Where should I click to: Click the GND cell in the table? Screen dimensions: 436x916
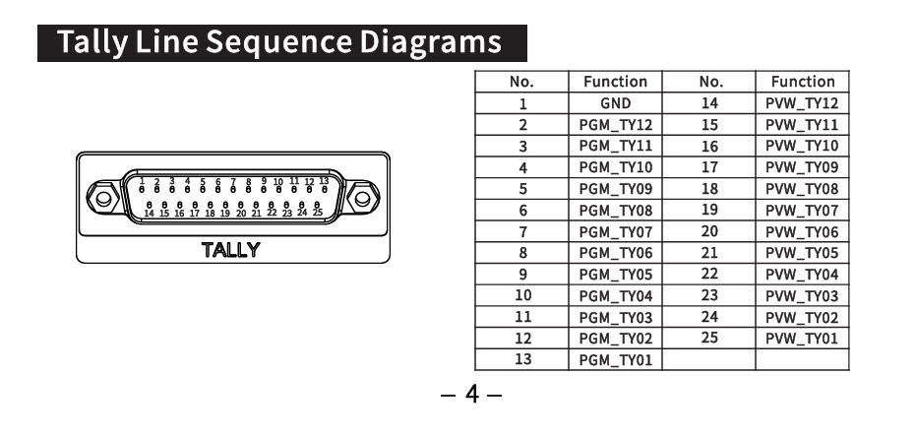pos(615,103)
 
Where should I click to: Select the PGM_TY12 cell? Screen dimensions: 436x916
pos(615,125)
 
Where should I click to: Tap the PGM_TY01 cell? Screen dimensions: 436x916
pos(615,360)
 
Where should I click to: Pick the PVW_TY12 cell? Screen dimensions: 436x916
pos(802,103)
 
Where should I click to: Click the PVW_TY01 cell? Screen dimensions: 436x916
pos(802,339)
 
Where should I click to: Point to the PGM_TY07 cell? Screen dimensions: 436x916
pos(615,232)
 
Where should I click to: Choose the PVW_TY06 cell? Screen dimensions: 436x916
pos(802,232)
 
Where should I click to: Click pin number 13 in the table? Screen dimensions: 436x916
pos(523,360)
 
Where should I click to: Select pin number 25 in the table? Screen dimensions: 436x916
pos(709,338)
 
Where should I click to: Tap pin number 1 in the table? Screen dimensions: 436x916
pos(523,103)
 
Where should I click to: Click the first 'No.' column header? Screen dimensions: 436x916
pos(523,82)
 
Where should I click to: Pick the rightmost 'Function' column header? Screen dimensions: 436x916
pos(802,82)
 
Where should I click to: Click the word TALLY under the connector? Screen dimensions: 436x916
pos(230,250)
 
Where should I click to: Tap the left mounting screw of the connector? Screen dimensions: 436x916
pos(99,197)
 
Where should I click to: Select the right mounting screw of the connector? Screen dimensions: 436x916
pos(363,197)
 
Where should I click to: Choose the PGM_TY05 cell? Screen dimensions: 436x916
pos(615,275)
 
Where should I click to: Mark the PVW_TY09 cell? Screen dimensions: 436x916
pos(802,167)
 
